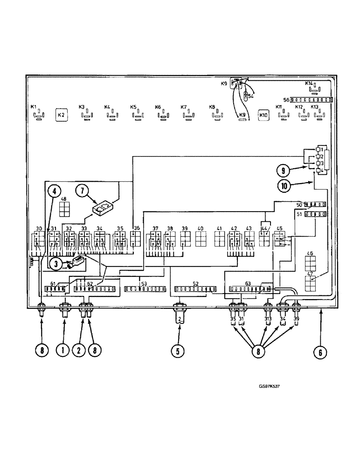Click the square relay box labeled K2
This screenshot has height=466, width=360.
[x=62, y=115]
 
